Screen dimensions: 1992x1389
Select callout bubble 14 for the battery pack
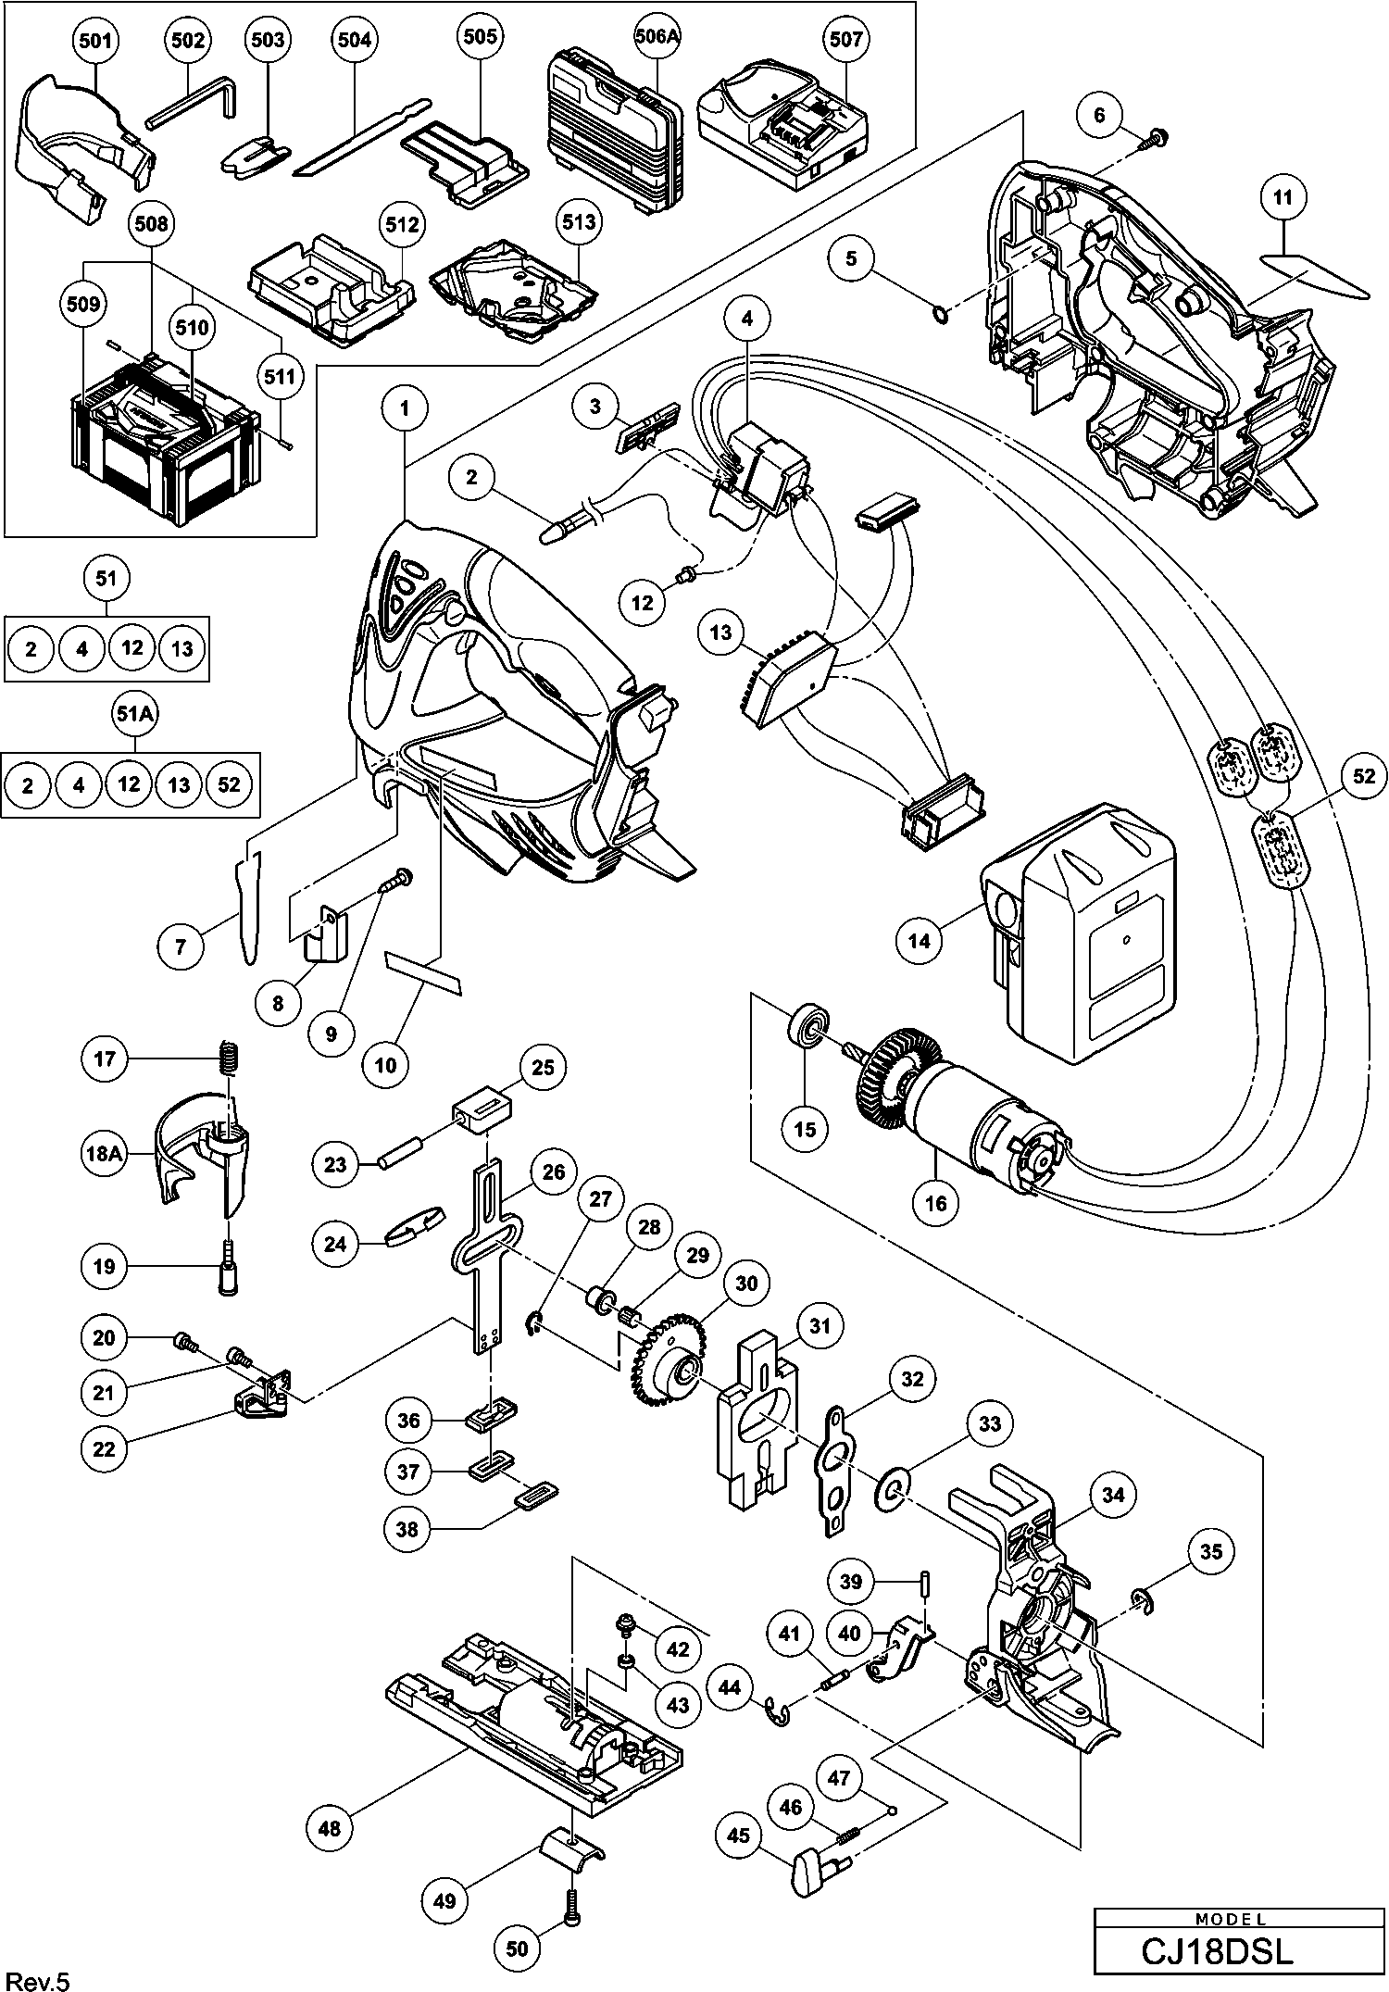920,941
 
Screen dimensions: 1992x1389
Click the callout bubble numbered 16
936,1202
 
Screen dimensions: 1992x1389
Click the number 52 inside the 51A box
229,784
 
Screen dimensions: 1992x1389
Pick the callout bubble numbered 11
1283,198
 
